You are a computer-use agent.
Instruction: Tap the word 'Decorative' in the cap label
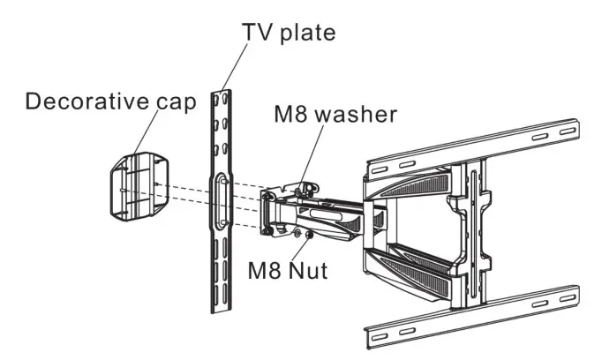(82, 101)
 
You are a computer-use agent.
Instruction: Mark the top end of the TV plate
(220, 94)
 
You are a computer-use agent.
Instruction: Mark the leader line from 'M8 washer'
(308, 154)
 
